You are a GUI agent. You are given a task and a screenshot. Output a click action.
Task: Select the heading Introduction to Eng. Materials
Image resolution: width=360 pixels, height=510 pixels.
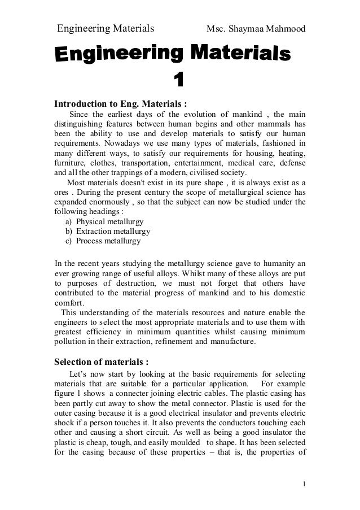tap(120, 103)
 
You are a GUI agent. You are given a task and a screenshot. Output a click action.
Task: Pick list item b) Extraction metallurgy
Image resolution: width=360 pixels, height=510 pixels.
tap(108, 232)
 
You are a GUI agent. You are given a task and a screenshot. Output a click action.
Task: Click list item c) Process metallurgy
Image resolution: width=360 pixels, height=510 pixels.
tap(103, 241)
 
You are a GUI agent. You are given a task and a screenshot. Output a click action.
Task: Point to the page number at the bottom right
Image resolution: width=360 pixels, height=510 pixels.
tap(304, 483)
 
